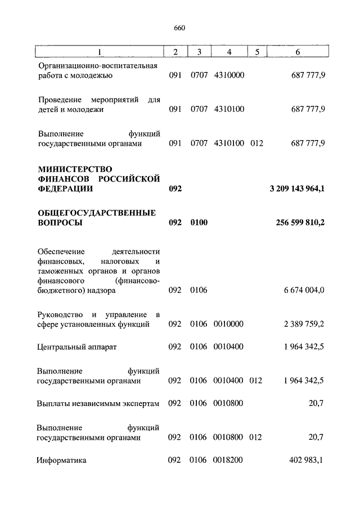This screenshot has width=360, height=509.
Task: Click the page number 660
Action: point(180,28)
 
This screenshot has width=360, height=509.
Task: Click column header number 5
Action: point(256,52)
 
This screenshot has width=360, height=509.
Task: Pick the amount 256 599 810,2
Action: point(300,223)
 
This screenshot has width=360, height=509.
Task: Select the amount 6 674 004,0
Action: point(304,291)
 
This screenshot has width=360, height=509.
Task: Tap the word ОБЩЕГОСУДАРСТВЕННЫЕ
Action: point(96,213)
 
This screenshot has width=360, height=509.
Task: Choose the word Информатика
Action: point(62,460)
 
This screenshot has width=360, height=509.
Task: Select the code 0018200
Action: point(228,460)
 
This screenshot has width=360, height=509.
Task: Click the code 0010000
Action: point(228,325)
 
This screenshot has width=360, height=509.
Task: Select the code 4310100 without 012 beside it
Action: point(229,109)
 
